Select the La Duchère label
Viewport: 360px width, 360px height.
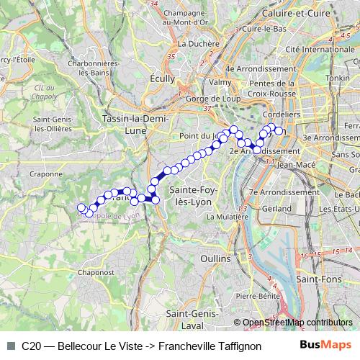coord(198,43)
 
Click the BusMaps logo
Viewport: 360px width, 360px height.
coord(325,344)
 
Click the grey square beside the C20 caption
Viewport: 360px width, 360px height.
coord(11,345)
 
